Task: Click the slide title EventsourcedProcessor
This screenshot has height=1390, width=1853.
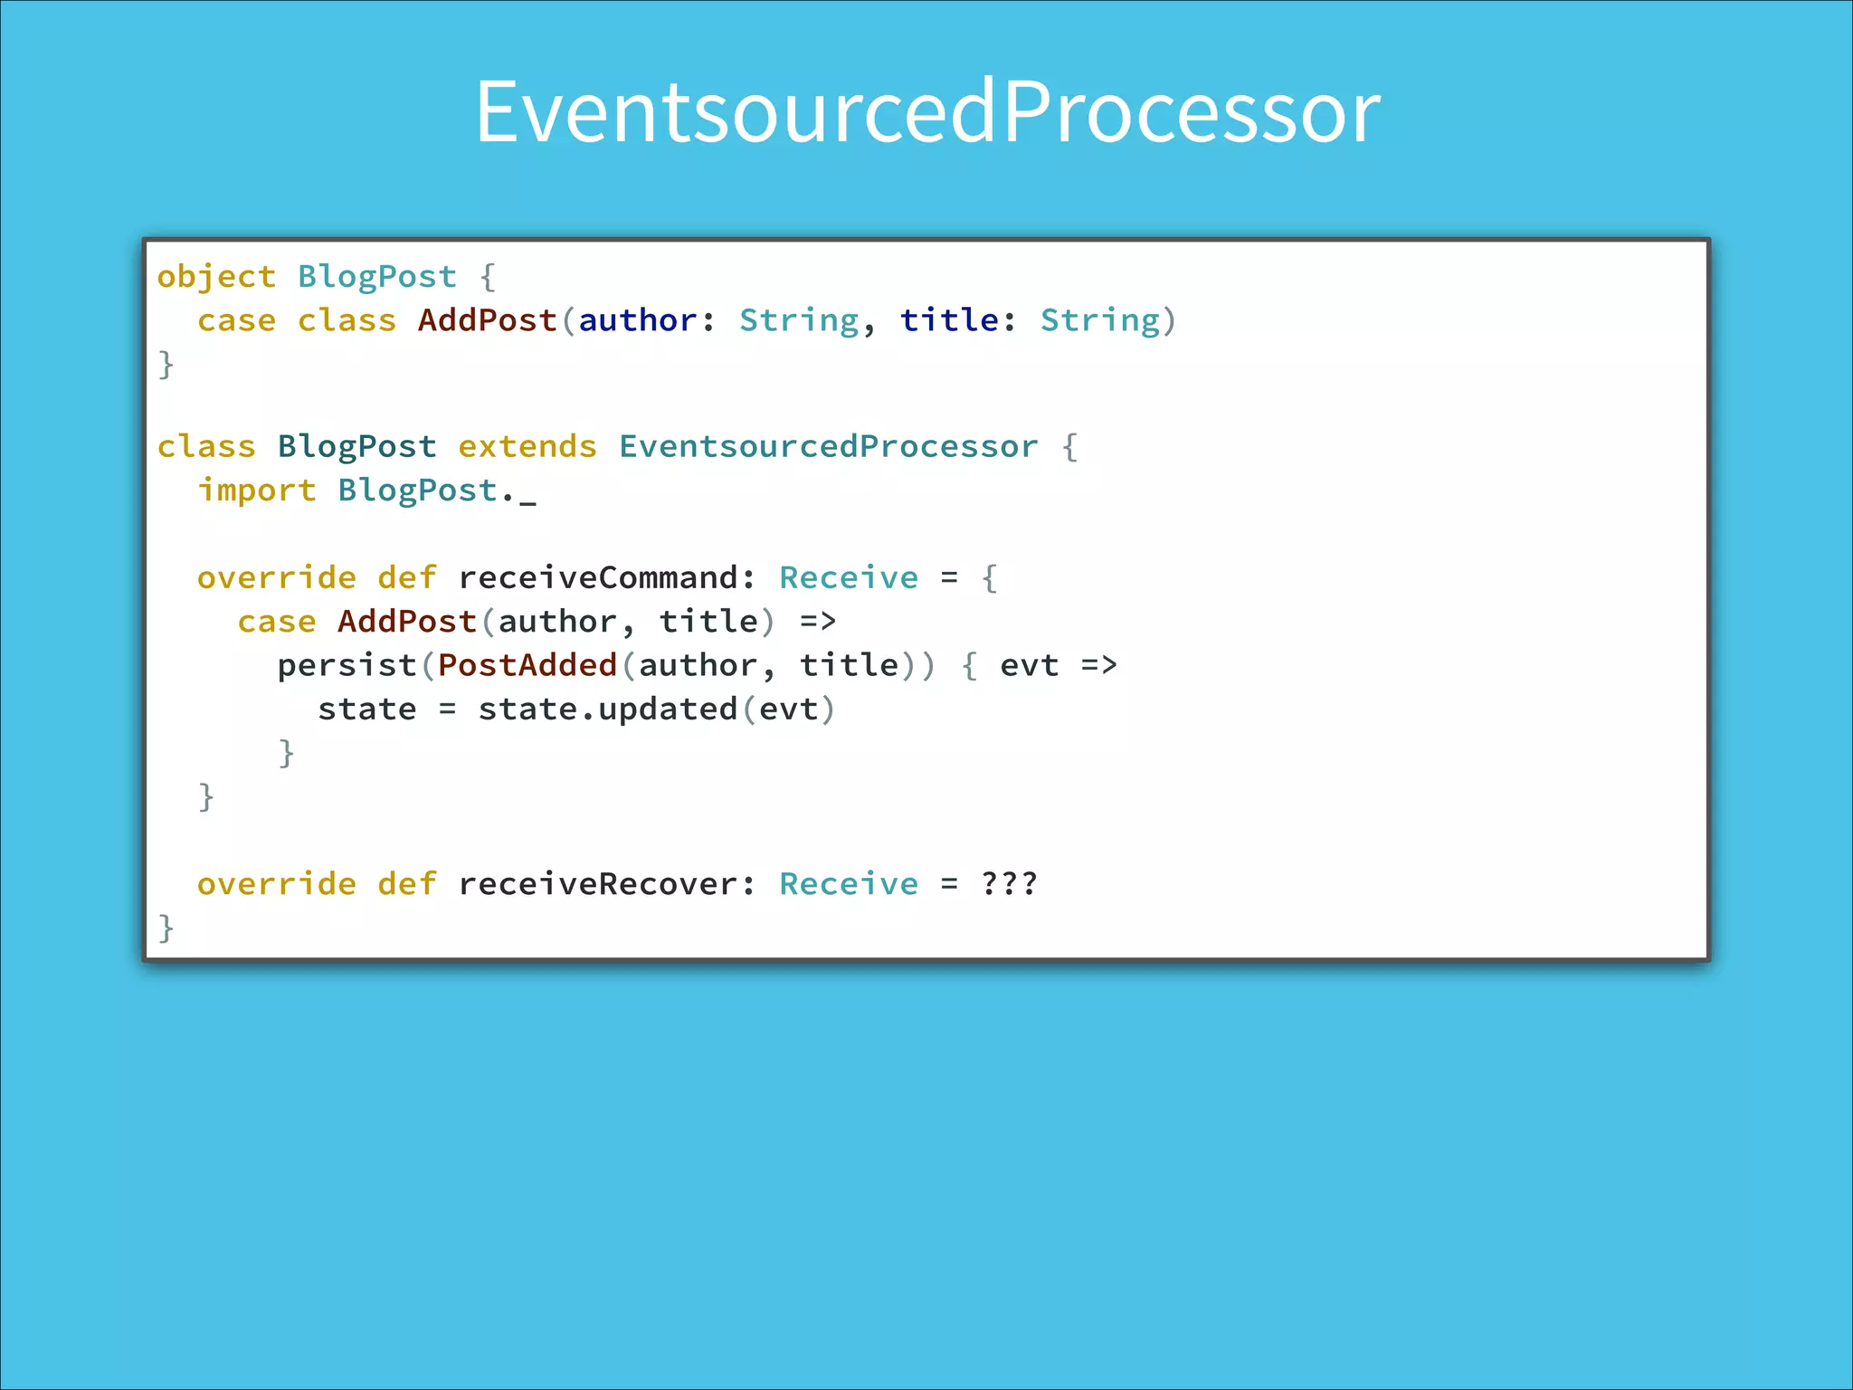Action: coord(927,112)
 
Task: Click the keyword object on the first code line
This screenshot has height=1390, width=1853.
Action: coord(216,277)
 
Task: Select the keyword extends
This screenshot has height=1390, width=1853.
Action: coord(527,447)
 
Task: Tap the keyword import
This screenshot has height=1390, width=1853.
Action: coord(257,490)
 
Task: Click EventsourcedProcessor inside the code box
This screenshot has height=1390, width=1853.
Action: coord(828,447)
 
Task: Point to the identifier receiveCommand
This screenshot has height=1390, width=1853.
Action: coord(597,578)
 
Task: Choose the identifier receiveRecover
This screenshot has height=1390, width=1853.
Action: coord(597,884)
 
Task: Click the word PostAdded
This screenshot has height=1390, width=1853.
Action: coord(527,666)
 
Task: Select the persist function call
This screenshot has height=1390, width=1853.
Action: coord(347,666)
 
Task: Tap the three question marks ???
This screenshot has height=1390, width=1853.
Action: coord(1009,884)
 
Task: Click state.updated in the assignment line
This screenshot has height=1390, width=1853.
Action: coord(607,709)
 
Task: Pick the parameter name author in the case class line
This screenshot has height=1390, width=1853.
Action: coord(638,321)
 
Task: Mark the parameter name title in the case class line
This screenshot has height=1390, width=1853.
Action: coord(949,321)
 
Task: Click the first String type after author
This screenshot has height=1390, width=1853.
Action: coord(798,321)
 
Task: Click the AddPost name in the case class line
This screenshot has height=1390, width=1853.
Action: coord(487,321)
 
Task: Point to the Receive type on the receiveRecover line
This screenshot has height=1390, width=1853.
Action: coord(849,884)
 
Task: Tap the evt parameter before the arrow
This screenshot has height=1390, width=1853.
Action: coord(1029,666)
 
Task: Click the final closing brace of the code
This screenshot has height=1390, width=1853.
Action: coord(166,928)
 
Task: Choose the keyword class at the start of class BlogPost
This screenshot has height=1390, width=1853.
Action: coord(206,447)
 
